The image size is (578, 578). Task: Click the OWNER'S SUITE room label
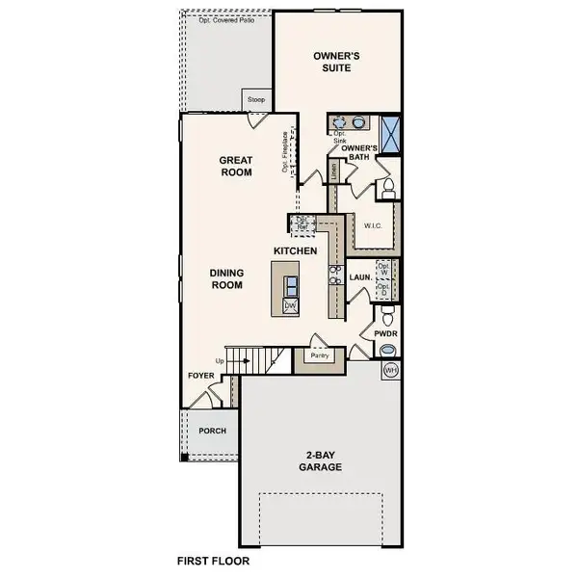click(336, 64)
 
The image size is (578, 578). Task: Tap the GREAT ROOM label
click(235, 167)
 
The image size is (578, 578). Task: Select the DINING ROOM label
click(227, 278)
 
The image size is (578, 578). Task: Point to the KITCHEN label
click(295, 250)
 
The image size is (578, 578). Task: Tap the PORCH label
click(212, 431)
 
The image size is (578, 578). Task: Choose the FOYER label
click(199, 379)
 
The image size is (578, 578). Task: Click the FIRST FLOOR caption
click(214, 559)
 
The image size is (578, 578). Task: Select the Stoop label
click(255, 100)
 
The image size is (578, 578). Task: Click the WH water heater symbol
click(390, 370)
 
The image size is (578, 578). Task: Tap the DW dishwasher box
click(289, 306)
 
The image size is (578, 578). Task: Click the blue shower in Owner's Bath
click(391, 134)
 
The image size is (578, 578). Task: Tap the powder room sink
click(387, 350)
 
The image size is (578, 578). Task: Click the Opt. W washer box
click(383, 270)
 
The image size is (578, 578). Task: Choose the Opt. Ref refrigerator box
click(302, 223)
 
